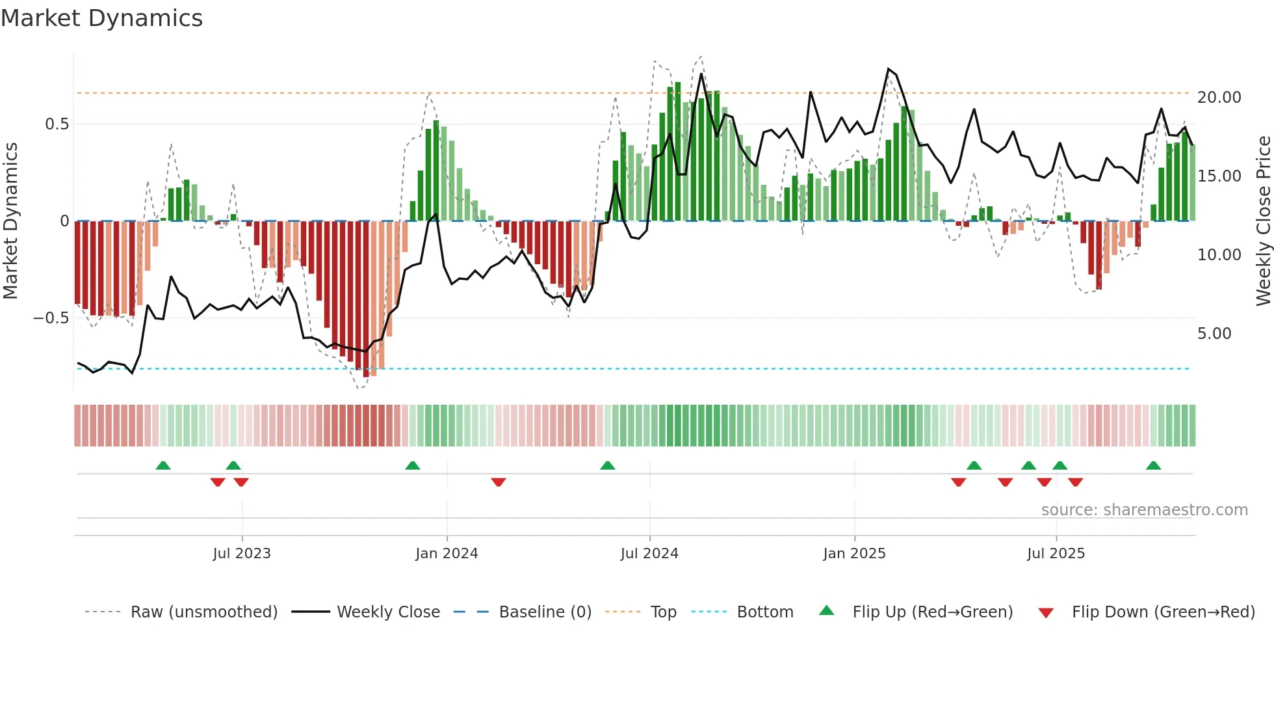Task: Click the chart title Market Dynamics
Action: (101, 18)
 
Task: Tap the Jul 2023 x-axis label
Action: (242, 553)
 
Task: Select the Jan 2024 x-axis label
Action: (447, 553)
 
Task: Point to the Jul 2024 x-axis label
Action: (649, 553)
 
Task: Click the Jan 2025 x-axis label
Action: (854, 553)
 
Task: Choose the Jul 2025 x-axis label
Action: (1056, 553)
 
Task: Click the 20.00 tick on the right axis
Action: (1219, 97)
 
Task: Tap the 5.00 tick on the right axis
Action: (1214, 333)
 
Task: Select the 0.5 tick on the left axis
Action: (57, 124)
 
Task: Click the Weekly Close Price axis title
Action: (1263, 221)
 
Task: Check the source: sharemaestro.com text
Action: (1144, 509)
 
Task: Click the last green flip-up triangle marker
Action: (1154, 465)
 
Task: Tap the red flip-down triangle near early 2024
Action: (499, 482)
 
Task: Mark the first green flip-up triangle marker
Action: (163, 465)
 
